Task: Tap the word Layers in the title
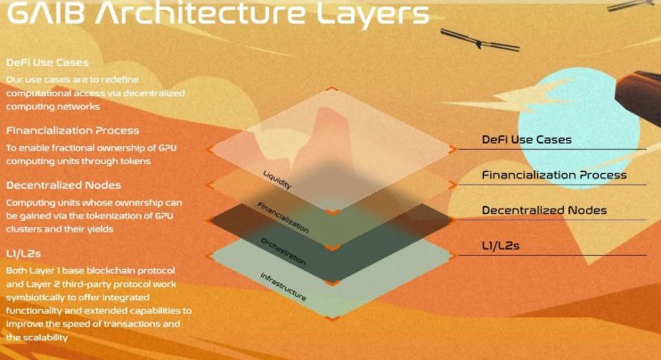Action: [x=372, y=13]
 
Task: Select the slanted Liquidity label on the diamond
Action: [x=277, y=180]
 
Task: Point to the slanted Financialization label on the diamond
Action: [x=283, y=217]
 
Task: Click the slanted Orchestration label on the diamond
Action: [x=283, y=251]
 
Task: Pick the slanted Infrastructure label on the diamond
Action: [x=283, y=287]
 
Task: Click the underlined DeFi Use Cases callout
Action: [x=526, y=140]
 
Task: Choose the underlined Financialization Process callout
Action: [x=554, y=175]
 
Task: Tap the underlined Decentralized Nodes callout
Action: [x=544, y=210]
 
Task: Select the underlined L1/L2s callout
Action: [x=501, y=245]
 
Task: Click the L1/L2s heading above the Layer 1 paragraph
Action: [x=23, y=253]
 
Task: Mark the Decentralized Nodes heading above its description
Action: [x=63, y=185]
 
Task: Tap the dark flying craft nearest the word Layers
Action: [x=480, y=41]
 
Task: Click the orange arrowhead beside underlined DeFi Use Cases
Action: [x=453, y=149]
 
